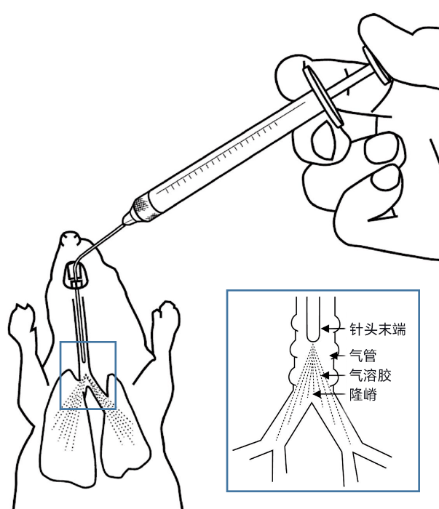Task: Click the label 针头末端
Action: tap(376, 330)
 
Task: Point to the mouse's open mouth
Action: tap(78, 276)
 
